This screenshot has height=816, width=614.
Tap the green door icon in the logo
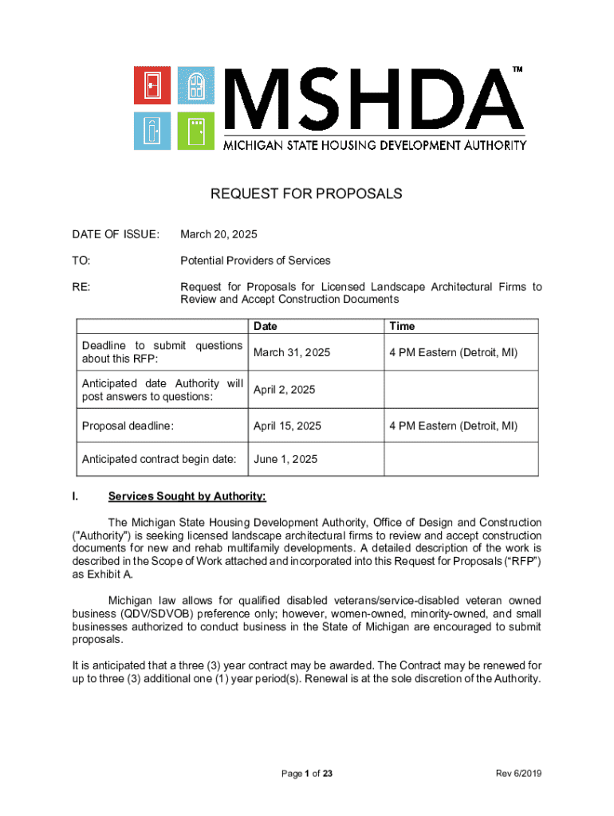[195, 128]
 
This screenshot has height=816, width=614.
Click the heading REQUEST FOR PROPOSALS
[306, 194]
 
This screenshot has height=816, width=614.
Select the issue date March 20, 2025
[218, 234]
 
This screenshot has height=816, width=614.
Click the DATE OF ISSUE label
[116, 234]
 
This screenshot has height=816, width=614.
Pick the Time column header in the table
[402, 326]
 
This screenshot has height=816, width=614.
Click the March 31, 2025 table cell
[292, 352]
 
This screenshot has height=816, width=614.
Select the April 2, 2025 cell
[284, 390]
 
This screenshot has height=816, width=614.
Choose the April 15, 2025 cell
[287, 426]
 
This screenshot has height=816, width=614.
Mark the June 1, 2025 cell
[285, 460]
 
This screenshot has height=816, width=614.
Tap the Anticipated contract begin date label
[159, 460]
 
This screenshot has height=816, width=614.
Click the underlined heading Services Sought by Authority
[187, 496]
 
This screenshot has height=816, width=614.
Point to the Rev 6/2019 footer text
[518, 774]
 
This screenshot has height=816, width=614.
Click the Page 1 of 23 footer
[307, 774]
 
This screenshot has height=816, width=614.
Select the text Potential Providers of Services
[255, 261]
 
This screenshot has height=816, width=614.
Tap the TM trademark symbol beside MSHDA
[518, 70]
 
